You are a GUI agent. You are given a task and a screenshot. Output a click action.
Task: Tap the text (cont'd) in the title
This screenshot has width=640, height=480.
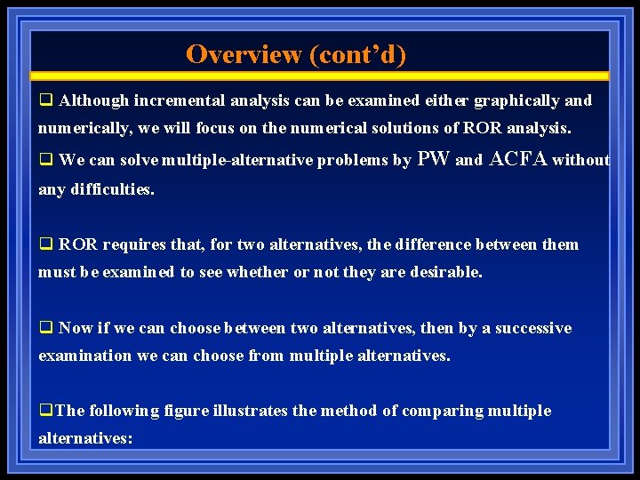[357, 54]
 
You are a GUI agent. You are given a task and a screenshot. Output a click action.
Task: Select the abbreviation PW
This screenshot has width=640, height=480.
[433, 160]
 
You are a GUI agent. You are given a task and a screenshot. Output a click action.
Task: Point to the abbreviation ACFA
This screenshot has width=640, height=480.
[518, 160]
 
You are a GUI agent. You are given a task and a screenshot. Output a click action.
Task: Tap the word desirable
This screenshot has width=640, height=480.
[443, 273]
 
